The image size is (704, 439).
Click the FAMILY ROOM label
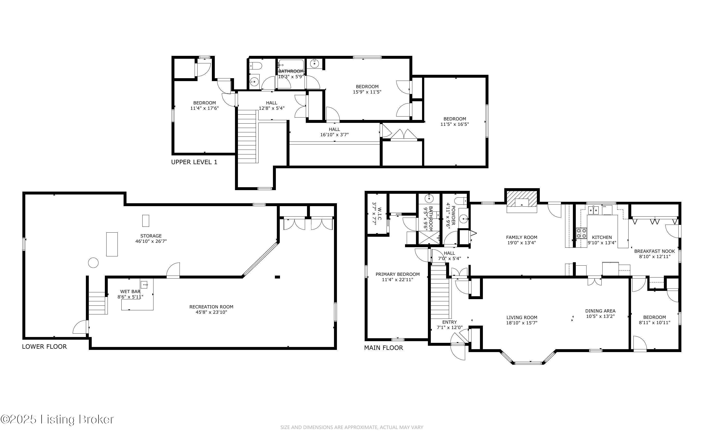click(522, 237)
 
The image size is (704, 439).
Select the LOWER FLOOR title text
click(45, 346)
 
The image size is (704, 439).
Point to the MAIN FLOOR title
click(384, 347)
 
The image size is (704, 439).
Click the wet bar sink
click(144, 285)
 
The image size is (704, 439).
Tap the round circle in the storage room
click(93, 263)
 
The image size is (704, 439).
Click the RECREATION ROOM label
click(211, 307)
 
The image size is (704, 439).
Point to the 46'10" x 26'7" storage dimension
click(151, 241)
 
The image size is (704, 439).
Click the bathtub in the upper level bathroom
click(291, 66)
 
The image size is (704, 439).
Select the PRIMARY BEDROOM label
click(397, 274)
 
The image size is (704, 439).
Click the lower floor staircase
click(97, 303)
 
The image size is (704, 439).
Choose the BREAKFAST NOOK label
click(655, 251)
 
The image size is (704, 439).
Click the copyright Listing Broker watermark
click(57, 420)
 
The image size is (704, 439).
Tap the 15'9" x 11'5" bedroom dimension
click(367, 92)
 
